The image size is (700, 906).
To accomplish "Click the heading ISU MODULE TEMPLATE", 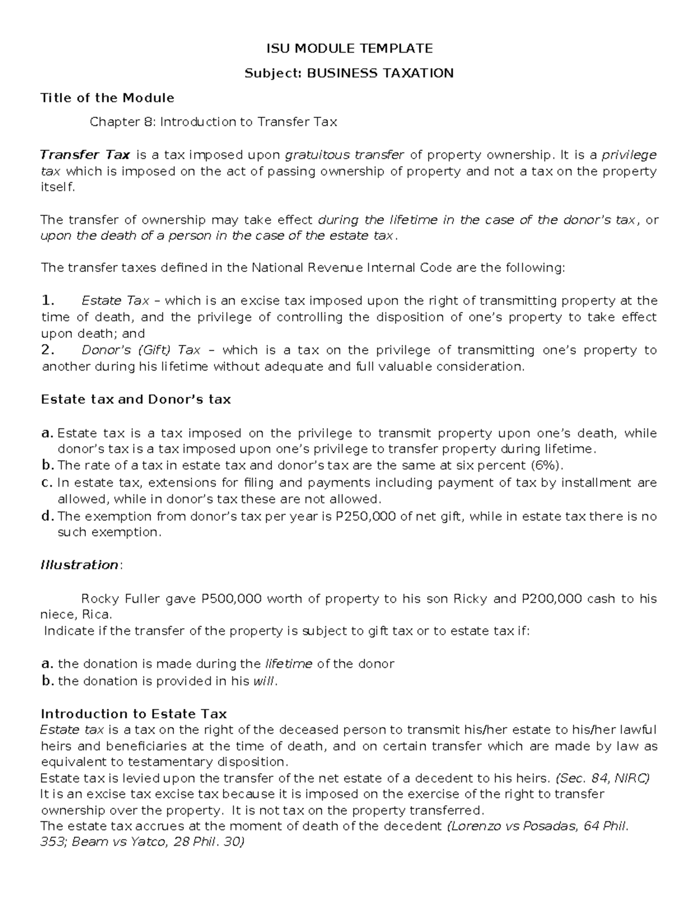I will tap(349, 48).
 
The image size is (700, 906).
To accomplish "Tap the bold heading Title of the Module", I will tap(107, 97).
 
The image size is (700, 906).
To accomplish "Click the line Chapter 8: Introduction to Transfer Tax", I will tap(213, 122).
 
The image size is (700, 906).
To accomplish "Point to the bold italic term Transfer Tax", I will tap(85, 155).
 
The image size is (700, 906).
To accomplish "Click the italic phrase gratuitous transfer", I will tap(344, 155).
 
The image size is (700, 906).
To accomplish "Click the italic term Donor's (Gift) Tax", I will tap(141, 350).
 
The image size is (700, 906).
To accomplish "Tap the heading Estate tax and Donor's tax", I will tap(136, 400).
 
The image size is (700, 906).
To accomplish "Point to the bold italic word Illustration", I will tap(79, 565).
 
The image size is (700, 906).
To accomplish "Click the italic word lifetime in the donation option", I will tap(289, 664).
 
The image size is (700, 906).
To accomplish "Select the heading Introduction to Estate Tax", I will tap(134, 714).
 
